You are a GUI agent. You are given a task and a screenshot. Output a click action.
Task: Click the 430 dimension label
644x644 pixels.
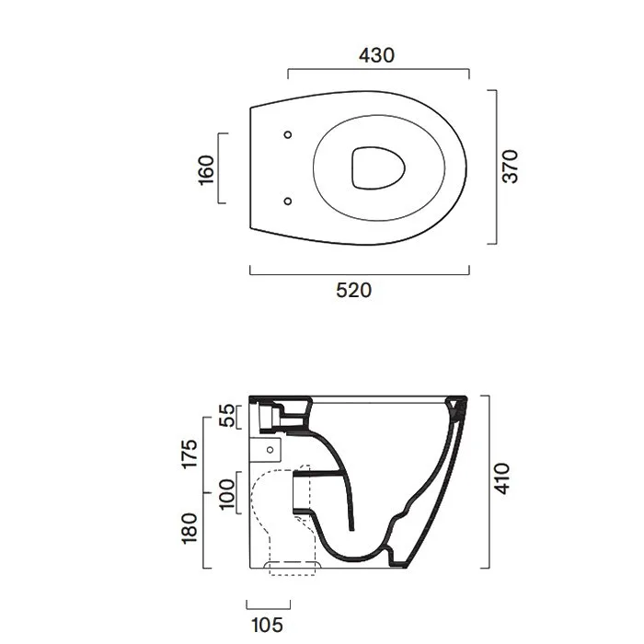point(376,55)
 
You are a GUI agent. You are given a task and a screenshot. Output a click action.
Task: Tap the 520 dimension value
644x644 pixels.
point(353,291)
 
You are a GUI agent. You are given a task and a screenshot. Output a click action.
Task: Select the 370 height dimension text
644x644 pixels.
point(511,167)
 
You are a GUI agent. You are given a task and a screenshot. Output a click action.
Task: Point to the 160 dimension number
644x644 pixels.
point(206,170)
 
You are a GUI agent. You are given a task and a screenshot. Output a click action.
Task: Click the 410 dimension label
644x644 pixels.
point(501,478)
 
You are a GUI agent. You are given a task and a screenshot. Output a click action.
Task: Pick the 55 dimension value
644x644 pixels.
point(226,416)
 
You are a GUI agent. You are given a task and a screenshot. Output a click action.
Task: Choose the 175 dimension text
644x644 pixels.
point(190,454)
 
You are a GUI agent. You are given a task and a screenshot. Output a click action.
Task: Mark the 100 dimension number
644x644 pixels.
point(226,494)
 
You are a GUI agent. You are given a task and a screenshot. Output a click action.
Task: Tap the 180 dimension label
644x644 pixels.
point(190,529)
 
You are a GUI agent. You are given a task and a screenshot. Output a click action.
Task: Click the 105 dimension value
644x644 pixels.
point(267,625)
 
